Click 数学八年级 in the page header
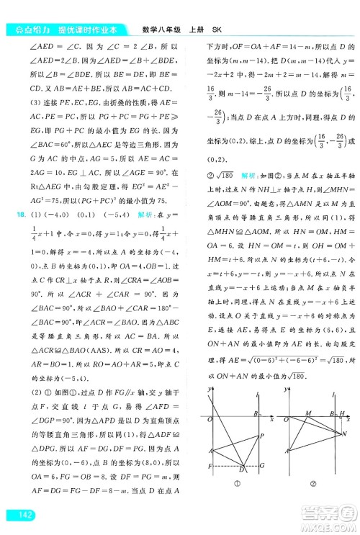[x=152, y=30]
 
